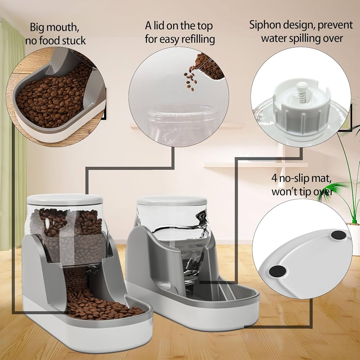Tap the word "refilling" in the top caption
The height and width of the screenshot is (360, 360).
198,39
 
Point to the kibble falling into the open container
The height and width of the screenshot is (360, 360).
190,77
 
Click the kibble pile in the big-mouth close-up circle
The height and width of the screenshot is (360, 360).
54,97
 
